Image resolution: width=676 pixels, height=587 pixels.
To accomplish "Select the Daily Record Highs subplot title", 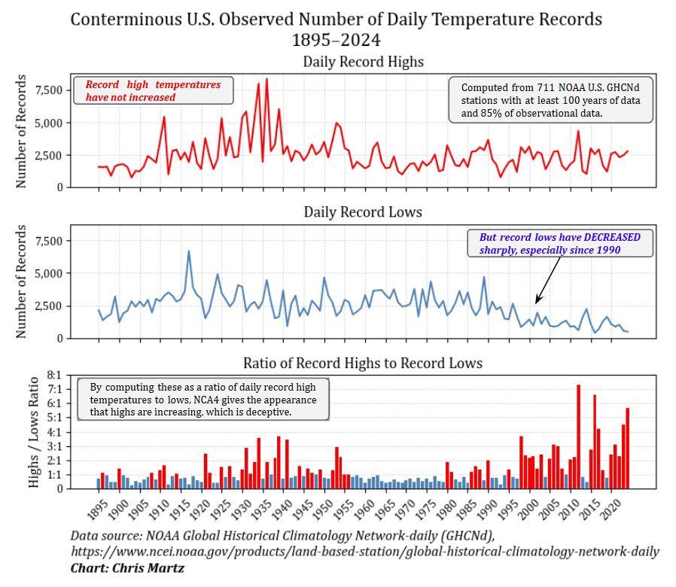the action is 363,62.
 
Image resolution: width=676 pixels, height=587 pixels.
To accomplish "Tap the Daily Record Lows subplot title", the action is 363,212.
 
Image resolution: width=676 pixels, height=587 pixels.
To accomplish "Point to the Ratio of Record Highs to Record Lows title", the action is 363,363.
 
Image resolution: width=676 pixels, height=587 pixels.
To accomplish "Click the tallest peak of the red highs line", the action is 266,79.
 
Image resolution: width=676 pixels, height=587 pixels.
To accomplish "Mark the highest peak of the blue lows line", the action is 188,251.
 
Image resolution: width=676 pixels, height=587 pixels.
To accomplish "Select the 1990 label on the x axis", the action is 488,510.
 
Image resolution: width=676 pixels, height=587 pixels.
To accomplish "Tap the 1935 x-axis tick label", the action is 263,510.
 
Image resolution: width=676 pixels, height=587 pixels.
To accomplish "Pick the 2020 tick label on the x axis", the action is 611,510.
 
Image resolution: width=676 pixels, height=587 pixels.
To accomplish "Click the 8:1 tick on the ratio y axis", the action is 55,375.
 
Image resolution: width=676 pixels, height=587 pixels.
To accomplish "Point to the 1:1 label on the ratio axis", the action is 55,475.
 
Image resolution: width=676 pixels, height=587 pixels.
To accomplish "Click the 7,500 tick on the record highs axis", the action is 49,90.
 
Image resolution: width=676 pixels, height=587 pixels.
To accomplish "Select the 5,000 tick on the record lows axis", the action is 49,273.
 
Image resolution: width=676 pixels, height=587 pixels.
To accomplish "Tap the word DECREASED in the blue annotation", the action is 612,237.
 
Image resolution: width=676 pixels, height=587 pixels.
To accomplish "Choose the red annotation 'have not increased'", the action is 131,97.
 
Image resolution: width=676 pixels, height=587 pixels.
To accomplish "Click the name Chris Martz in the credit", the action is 148,568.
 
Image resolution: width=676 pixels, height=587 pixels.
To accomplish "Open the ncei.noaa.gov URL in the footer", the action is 365,552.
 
